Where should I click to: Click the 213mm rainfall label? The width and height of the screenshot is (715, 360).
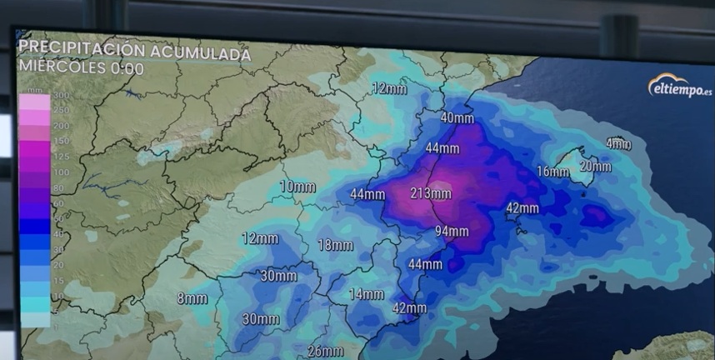(431, 194)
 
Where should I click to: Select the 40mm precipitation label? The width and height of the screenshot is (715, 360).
(457, 118)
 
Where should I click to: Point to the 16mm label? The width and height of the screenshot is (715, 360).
(552, 172)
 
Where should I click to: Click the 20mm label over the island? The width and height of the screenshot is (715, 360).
(595, 167)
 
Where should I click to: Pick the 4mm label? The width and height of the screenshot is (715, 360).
(618, 143)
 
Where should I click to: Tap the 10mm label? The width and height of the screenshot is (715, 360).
(297, 187)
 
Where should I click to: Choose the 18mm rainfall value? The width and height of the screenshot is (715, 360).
(335, 245)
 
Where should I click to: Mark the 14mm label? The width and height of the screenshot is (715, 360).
(366, 294)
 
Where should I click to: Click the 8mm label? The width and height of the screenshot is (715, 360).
(192, 298)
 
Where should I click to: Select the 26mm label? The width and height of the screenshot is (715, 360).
(325, 351)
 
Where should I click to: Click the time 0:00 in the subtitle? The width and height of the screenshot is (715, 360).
(127, 69)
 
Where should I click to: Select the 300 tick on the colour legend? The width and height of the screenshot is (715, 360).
(60, 96)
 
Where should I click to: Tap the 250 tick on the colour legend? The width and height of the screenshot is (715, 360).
(60, 110)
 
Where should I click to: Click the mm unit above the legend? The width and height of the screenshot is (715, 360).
(35, 88)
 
